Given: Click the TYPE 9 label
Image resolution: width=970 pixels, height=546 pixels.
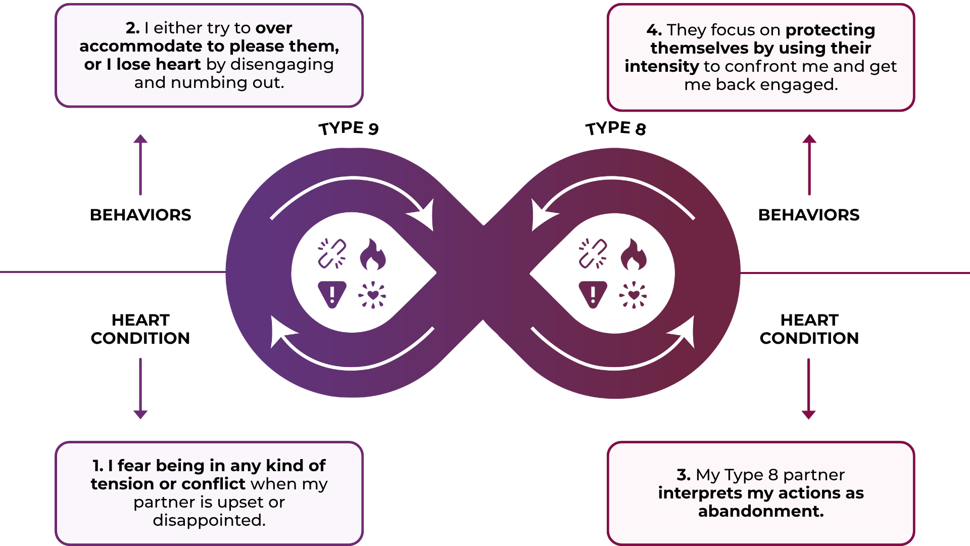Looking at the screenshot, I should (349, 128).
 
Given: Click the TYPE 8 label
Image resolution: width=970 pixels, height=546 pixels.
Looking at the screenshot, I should (615, 128).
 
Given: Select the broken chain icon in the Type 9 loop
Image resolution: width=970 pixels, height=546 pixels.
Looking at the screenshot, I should (332, 253).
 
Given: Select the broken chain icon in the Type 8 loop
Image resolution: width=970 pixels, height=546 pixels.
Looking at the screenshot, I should (593, 253).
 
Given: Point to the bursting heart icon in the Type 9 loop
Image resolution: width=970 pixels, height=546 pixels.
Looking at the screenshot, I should (372, 295).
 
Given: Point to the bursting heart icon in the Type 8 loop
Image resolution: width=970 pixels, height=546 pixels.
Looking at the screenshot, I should (633, 295).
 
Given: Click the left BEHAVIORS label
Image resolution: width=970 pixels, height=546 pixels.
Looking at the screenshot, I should (140, 215).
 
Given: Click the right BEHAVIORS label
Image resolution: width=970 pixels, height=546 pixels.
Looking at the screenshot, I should (809, 215).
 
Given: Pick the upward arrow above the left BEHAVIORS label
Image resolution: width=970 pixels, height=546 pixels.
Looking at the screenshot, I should (140, 164).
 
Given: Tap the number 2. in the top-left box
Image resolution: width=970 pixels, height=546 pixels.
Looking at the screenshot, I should (132, 28).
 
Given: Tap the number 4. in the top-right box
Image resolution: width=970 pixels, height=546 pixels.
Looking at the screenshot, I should (654, 30).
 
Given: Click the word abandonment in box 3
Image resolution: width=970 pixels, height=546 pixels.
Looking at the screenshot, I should (760, 511).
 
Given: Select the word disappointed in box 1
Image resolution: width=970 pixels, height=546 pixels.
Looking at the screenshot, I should (209, 520).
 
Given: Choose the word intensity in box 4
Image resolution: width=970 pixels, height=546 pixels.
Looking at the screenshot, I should (661, 66).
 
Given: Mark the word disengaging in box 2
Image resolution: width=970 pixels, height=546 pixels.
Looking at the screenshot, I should (282, 65).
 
